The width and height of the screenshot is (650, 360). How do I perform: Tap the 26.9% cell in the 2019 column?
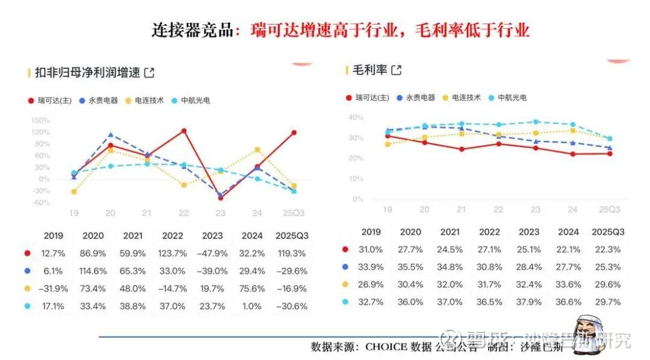371,285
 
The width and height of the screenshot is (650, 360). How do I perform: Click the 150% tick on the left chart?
41,120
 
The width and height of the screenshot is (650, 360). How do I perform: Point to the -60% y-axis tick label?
41,203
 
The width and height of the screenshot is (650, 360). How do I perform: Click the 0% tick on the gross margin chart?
358,199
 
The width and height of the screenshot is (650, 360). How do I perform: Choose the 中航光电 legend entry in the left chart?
194,101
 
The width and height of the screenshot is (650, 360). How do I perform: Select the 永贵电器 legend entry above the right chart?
419,98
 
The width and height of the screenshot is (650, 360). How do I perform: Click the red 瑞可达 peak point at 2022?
184,131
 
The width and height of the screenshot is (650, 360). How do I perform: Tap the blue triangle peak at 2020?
111,135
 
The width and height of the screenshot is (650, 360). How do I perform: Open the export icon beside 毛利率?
396,70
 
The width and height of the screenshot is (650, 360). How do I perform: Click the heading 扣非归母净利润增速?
87,73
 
